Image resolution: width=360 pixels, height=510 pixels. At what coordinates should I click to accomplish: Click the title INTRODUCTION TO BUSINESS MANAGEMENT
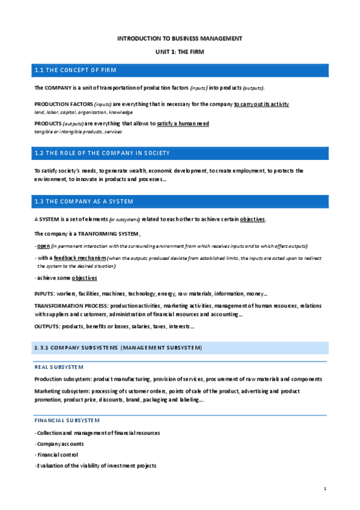pyautogui.click(x=180, y=38)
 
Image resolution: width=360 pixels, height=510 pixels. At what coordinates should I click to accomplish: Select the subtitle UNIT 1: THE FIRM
pyautogui.click(x=180, y=53)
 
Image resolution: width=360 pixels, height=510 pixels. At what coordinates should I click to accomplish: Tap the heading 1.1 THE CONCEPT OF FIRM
pyautogui.click(x=76, y=71)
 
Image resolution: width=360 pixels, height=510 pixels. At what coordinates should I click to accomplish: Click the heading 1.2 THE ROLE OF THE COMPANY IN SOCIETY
pyautogui.click(x=102, y=153)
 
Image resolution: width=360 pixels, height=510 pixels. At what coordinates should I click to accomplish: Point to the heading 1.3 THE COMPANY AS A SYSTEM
pyautogui.click(x=84, y=201)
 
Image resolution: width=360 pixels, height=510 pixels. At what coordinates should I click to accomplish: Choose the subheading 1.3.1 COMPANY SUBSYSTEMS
pyautogui.click(x=118, y=348)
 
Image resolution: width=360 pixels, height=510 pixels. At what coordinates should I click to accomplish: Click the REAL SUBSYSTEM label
pyautogui.click(x=59, y=367)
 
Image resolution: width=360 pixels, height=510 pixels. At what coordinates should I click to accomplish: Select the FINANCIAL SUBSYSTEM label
pyautogui.click(x=67, y=420)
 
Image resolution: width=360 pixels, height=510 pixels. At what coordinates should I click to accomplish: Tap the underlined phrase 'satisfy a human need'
pyautogui.click(x=183, y=124)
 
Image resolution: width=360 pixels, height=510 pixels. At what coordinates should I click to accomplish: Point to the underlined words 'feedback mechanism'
pyautogui.click(x=72, y=257)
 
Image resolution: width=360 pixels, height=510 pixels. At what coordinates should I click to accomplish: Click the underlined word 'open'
pyautogui.click(x=43, y=246)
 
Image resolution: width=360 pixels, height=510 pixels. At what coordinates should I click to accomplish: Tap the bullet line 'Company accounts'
pyautogui.click(x=59, y=444)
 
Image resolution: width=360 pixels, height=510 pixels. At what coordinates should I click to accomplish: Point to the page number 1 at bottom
pyautogui.click(x=325, y=488)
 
